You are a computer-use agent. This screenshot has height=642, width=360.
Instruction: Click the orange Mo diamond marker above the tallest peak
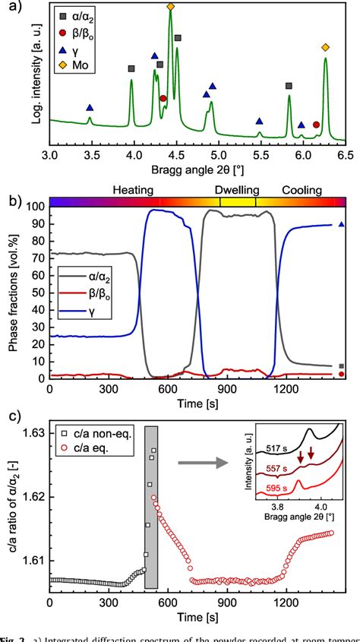[x=170, y=7]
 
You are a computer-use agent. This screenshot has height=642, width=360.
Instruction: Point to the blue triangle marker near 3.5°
[x=90, y=108]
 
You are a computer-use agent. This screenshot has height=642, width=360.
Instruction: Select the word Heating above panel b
[x=134, y=189]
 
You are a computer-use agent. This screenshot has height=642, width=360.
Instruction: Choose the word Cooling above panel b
[x=302, y=189]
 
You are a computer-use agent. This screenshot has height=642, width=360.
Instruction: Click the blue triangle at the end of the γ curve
[x=341, y=224]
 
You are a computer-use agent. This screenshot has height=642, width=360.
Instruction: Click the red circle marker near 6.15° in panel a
[x=316, y=125]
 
